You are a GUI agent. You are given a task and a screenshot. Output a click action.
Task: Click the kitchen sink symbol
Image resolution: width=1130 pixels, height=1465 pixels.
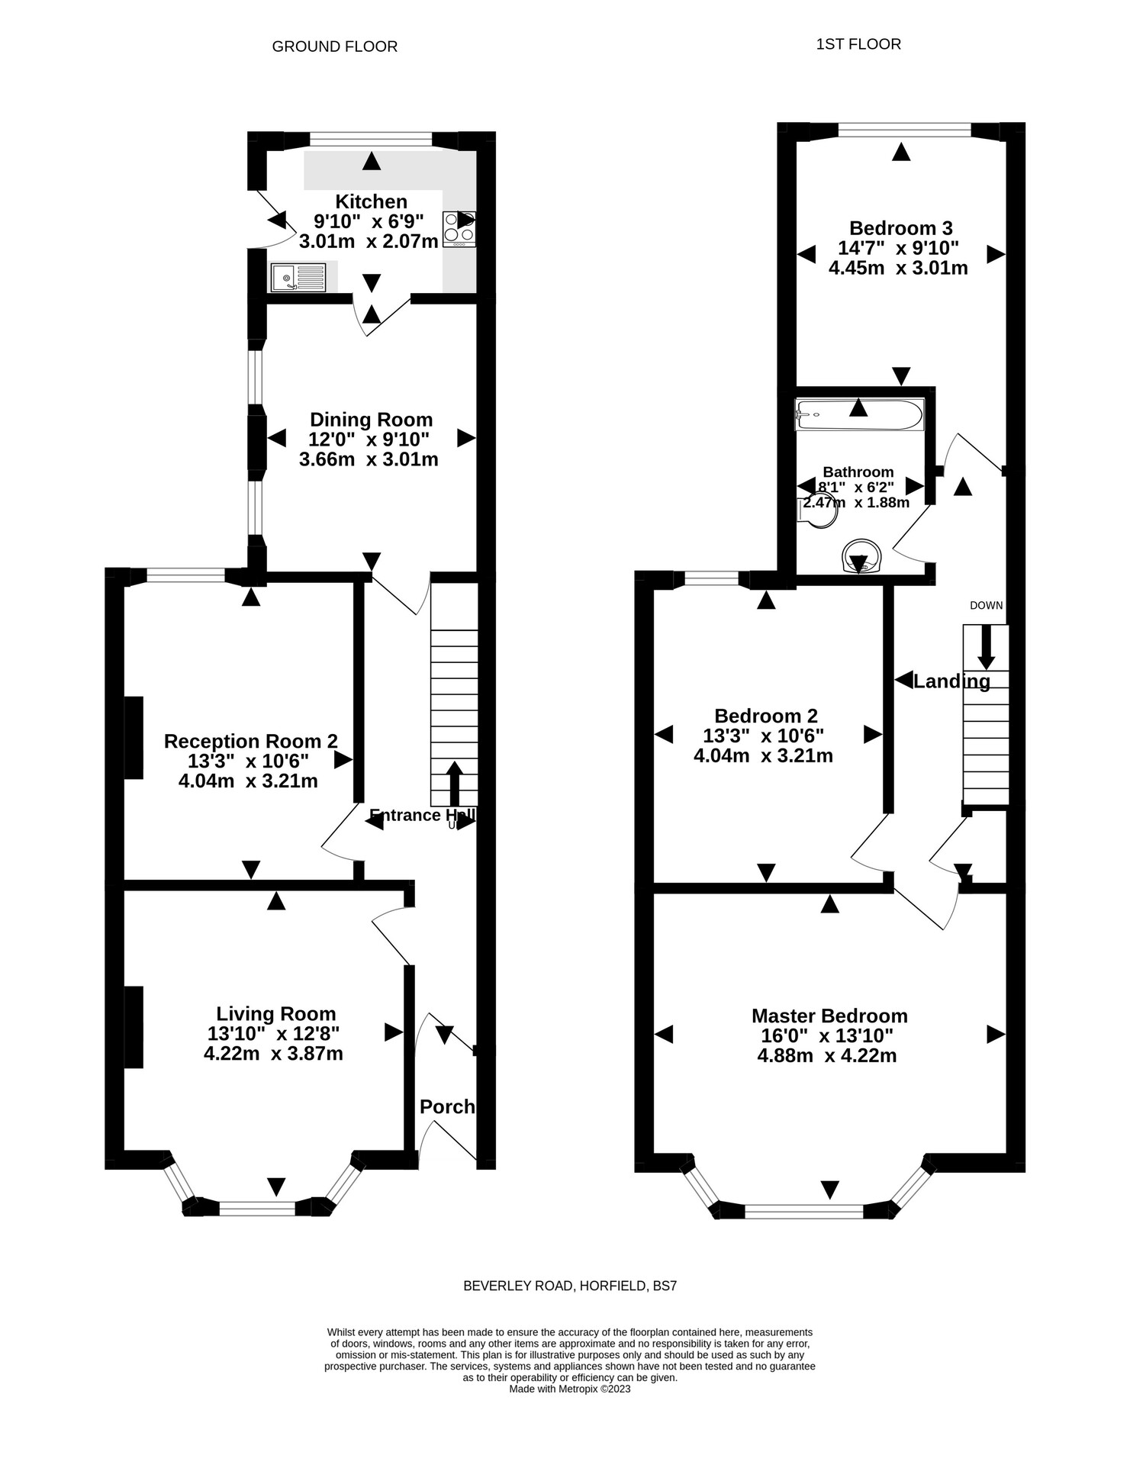pyautogui.click(x=298, y=277)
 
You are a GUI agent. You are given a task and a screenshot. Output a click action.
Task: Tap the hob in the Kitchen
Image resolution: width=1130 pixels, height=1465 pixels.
pyautogui.click(x=459, y=229)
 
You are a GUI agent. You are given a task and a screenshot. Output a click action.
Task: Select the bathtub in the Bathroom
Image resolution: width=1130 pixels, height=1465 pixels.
pyautogui.click(x=859, y=414)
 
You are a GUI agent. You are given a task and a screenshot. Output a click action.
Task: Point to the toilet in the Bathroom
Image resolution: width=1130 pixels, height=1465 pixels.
pyautogui.click(x=816, y=512)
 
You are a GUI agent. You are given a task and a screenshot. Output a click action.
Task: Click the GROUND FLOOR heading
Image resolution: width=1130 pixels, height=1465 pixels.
pyautogui.click(x=334, y=47)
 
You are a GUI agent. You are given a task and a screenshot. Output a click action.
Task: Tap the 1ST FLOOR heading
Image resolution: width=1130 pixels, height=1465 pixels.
pyautogui.click(x=858, y=44)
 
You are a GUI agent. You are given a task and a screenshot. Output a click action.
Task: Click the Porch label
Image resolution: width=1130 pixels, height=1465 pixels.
pyautogui.click(x=447, y=1106)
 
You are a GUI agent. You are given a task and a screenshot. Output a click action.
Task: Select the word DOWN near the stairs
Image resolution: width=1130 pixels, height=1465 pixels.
pyautogui.click(x=986, y=606)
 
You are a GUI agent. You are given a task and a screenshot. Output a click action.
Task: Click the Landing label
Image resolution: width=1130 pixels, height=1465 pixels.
pyautogui.click(x=951, y=681)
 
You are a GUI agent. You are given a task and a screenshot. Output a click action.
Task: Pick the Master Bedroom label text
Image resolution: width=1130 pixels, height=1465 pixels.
pyautogui.click(x=829, y=1016)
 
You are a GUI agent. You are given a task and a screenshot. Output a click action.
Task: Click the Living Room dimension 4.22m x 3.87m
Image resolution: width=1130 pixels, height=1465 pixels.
pyautogui.click(x=273, y=1054)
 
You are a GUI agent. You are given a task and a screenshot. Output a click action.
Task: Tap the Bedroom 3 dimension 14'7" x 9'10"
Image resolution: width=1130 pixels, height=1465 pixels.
pyautogui.click(x=898, y=248)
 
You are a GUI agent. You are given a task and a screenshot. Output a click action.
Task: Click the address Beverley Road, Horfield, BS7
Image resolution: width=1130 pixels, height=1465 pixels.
pyautogui.click(x=570, y=1286)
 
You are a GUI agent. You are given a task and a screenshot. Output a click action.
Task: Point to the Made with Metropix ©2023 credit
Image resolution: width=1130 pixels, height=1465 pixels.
pyautogui.click(x=569, y=1389)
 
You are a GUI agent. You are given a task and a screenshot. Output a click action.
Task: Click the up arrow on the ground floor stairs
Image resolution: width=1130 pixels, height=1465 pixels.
pyautogui.click(x=453, y=782)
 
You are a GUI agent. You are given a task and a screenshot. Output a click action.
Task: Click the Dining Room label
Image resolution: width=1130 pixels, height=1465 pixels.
pyautogui.click(x=371, y=420)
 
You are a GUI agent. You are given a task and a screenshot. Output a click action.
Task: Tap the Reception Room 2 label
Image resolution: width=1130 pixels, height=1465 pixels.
pyautogui.click(x=250, y=741)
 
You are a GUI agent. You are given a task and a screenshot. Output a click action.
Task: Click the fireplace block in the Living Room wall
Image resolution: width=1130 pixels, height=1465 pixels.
pyautogui.click(x=134, y=1027)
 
